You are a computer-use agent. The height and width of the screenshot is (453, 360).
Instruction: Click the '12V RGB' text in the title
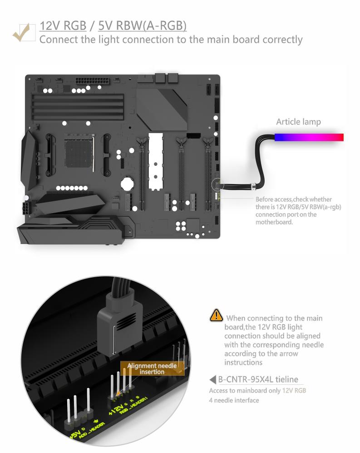click(x=63, y=26)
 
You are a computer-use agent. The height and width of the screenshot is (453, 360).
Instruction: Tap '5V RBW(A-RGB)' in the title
click(x=143, y=26)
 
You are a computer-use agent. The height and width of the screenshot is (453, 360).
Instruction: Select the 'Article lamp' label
click(x=298, y=122)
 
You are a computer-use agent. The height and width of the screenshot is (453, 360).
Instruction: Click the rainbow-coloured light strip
click(x=309, y=137)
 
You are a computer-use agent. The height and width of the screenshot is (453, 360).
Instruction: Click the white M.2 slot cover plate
click(x=156, y=161)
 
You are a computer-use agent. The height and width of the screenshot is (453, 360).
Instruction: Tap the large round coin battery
click(x=127, y=184)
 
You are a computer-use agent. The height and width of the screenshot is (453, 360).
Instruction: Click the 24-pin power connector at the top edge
click(x=93, y=80)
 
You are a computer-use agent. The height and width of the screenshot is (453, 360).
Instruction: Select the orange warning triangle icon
click(x=216, y=315)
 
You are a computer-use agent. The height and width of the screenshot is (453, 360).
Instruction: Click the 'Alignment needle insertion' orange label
click(x=152, y=368)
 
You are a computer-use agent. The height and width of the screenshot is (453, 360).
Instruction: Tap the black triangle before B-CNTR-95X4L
click(x=213, y=379)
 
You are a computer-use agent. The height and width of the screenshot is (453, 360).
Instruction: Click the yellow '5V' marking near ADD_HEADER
click(x=75, y=433)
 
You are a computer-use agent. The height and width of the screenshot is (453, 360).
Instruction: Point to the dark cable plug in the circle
click(x=119, y=327)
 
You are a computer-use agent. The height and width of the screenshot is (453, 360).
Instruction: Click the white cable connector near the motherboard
click(x=253, y=187)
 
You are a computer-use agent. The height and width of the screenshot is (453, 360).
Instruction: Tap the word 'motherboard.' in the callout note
click(x=274, y=222)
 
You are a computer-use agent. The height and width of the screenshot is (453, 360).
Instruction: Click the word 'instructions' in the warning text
click(x=243, y=362)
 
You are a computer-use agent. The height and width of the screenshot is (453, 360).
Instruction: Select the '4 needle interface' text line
click(x=234, y=400)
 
